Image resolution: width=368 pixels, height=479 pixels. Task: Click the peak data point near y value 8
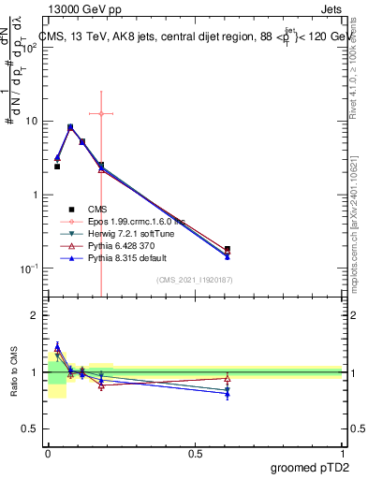pos(70,127)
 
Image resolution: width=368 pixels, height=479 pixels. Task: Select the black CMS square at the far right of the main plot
pos(228,249)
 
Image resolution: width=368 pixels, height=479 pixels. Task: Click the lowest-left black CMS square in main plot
pos(57,167)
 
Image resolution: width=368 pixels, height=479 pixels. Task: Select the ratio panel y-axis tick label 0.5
pos(30,428)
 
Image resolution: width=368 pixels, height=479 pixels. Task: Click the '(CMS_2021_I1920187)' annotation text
pos(195,280)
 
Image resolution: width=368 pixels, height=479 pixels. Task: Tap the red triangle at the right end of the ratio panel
pos(228,379)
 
